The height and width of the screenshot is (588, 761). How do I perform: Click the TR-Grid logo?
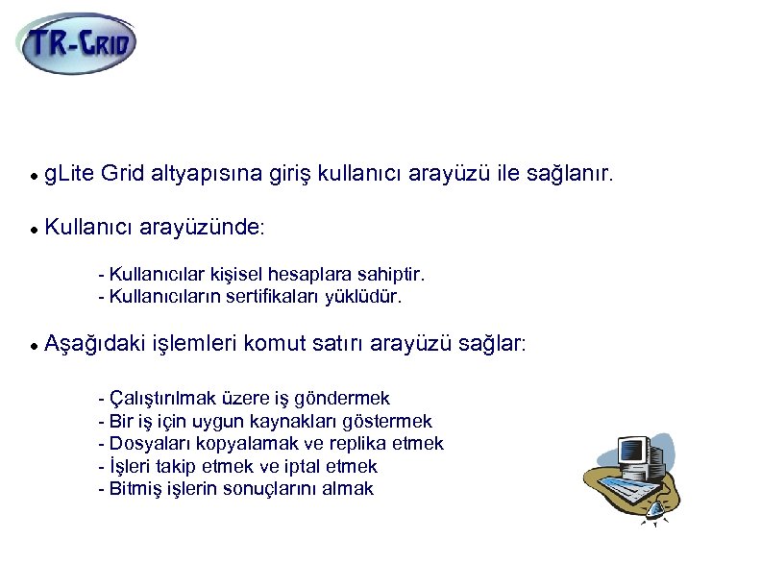click(x=77, y=42)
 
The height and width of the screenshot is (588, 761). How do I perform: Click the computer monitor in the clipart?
click(x=631, y=450)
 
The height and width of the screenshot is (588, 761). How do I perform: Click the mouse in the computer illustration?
click(x=656, y=510)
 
